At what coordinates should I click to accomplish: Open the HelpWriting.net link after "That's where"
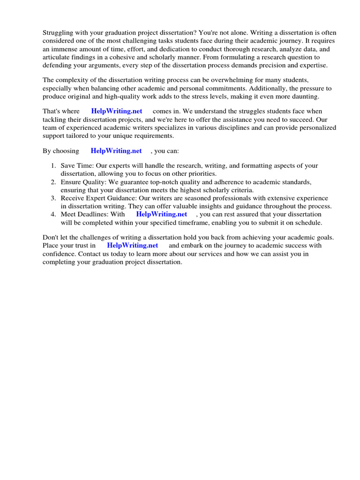(117, 112)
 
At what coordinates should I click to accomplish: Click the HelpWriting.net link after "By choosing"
(116, 151)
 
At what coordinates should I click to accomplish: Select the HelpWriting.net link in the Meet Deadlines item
(161, 214)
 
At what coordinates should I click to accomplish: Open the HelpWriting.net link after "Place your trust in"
(133, 246)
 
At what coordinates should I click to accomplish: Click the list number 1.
(53, 166)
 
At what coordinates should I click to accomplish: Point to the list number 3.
(53, 198)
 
